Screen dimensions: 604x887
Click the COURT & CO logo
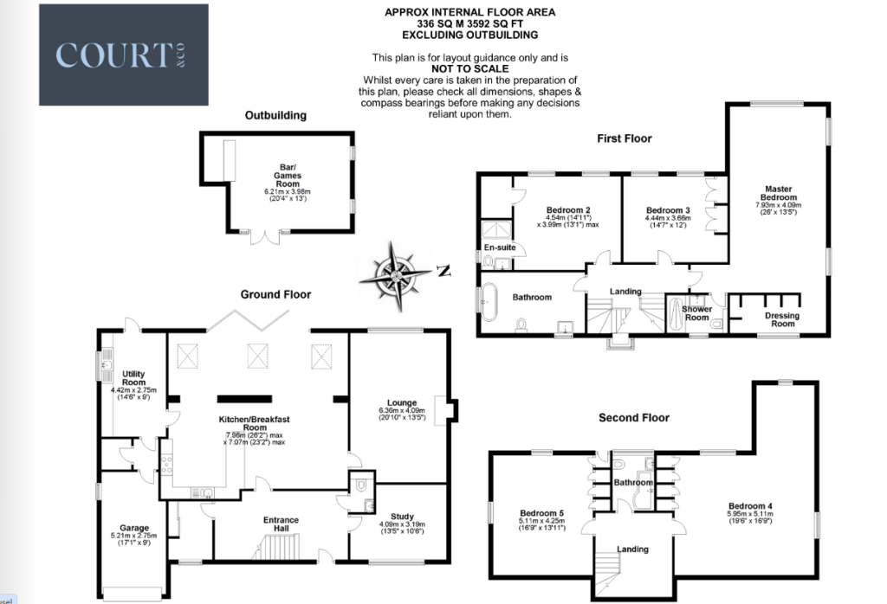coord(124,55)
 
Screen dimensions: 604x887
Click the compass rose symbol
coord(394,276)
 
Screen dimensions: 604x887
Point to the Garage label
coord(134,528)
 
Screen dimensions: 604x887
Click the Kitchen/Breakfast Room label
coord(254,423)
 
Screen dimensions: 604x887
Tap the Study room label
coord(402,516)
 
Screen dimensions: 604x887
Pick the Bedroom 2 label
coord(568,210)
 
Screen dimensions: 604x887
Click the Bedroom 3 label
coord(668,210)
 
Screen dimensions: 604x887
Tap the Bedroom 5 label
coord(541,513)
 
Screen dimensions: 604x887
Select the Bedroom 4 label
coord(750,506)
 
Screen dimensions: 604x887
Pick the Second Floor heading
coord(634,418)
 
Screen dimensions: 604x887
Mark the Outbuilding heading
coord(275,115)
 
